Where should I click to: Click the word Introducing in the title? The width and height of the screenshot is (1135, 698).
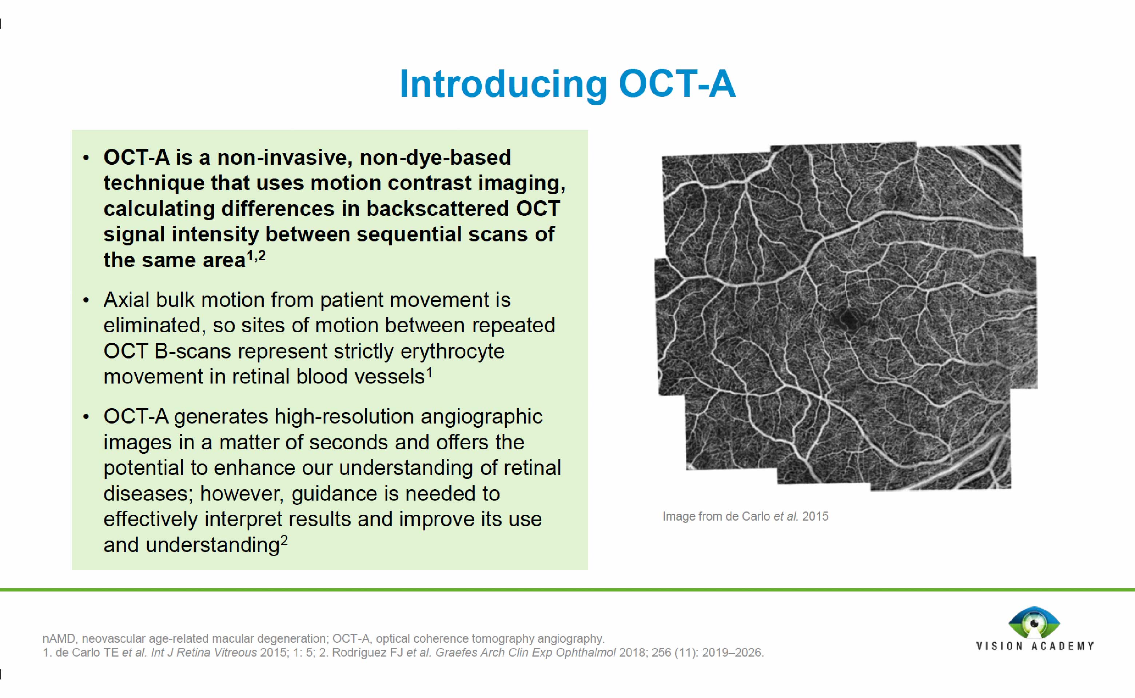tap(503, 84)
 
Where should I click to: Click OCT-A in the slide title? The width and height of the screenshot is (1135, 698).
tap(677, 84)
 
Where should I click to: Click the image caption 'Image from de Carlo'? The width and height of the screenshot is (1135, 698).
tap(745, 516)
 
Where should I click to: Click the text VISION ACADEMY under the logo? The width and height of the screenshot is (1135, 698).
tap(1035, 646)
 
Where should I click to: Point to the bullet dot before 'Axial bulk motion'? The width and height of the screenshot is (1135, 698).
tap(86, 301)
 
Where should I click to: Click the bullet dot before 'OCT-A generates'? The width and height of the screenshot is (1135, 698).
tap(86, 417)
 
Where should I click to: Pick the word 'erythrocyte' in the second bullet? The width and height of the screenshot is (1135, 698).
tap(452, 351)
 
